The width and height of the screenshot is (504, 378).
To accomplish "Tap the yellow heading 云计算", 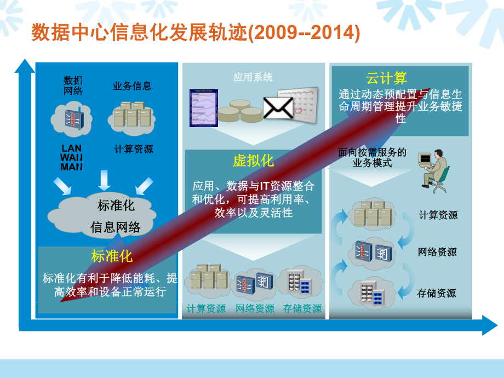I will [x=386, y=78].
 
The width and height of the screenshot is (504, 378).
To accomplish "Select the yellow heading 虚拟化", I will [x=253, y=161].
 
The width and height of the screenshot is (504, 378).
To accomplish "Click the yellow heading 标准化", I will [x=111, y=256].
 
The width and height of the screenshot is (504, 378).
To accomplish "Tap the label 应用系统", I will [x=253, y=77].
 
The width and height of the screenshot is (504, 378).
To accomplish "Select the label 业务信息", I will [x=132, y=86].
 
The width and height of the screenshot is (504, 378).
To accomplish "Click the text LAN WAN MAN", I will [x=72, y=157].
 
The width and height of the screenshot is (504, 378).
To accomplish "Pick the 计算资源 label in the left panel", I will [x=134, y=149].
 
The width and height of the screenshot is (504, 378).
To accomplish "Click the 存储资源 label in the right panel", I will [x=437, y=293].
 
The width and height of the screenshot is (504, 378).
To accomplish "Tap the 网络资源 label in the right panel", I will [x=437, y=253].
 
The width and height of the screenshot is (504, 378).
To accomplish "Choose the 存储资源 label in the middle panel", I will [x=302, y=309].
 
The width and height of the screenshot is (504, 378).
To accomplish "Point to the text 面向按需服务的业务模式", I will [x=373, y=157].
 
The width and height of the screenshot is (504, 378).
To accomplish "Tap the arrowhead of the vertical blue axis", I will [x=25, y=66].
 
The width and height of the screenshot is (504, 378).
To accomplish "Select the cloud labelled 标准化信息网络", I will [x=114, y=216].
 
